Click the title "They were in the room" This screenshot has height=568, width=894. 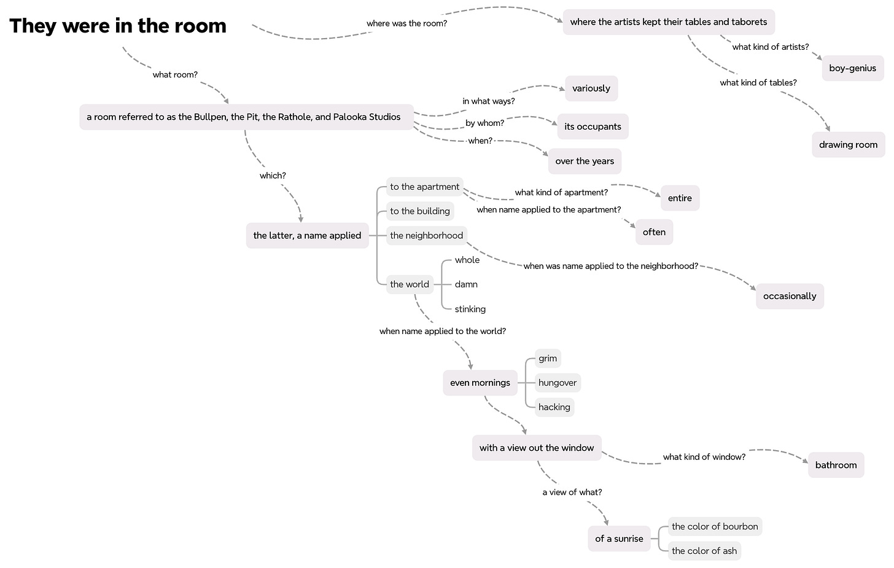(118, 26)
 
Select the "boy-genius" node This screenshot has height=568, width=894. (852, 68)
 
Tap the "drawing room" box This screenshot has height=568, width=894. (848, 145)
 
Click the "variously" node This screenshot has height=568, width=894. (591, 88)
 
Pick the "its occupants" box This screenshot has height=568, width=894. (593, 126)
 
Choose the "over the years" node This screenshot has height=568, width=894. (585, 161)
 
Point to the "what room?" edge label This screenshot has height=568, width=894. (175, 75)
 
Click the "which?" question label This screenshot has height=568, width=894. (273, 176)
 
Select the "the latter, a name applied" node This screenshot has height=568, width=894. (307, 236)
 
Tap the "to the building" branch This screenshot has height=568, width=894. (420, 211)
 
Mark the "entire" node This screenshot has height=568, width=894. (680, 198)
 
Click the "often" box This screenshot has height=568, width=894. (654, 232)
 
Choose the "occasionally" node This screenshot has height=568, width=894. (790, 296)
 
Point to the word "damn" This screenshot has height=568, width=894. (466, 284)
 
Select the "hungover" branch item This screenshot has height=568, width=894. (558, 383)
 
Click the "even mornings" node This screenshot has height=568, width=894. (480, 383)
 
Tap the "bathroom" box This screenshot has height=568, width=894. (836, 465)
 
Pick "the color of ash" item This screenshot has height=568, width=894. (704, 551)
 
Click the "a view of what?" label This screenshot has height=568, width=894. (572, 492)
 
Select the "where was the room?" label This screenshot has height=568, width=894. (406, 23)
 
